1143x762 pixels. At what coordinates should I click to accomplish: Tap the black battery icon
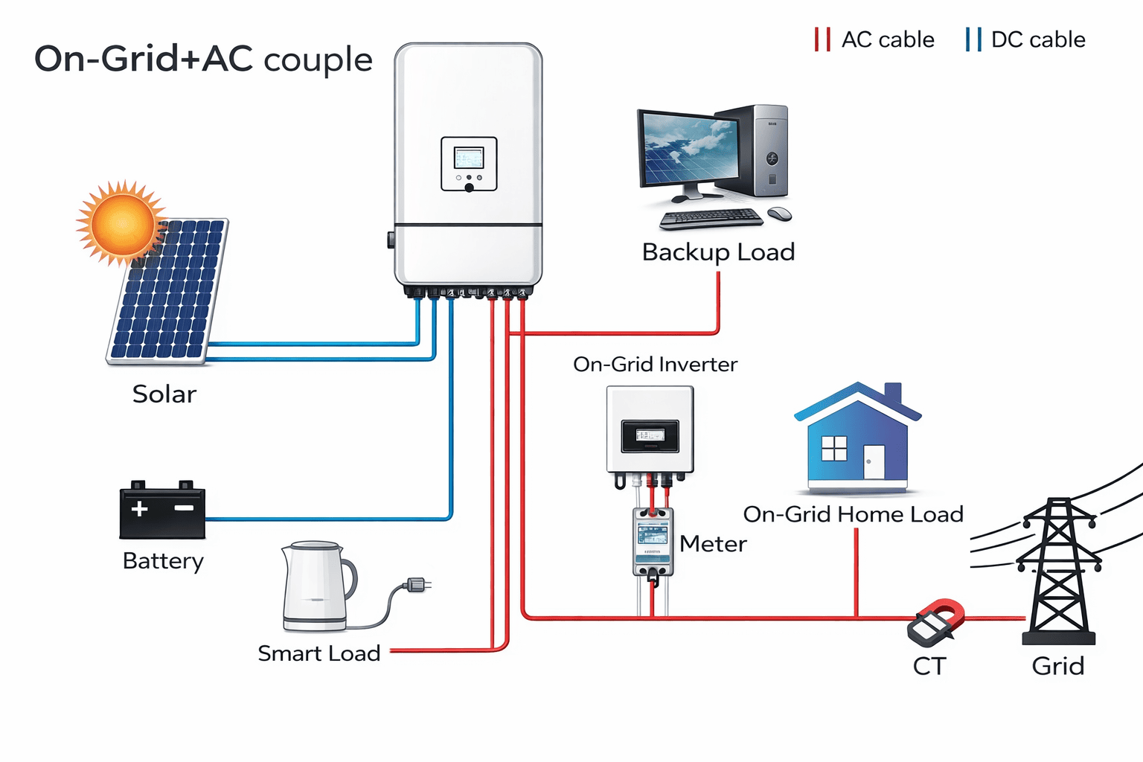(162, 511)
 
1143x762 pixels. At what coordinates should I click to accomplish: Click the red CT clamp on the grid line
(936, 621)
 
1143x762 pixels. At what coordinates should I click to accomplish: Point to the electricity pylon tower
(1058, 573)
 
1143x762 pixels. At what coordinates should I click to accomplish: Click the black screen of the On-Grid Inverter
(650, 435)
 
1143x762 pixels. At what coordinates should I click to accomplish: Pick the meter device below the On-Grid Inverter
(653, 542)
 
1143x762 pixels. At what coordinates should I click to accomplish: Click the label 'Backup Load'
(718, 252)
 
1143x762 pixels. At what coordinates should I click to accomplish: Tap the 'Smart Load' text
(318, 653)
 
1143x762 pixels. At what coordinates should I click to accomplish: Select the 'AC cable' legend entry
(875, 39)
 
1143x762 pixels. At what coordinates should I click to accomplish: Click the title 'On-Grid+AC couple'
(203, 60)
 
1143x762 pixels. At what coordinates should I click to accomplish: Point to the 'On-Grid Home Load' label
(853, 514)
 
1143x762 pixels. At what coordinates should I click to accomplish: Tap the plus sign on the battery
(139, 509)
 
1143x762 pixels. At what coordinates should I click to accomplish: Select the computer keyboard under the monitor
(711, 218)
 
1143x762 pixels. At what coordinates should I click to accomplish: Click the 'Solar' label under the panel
(164, 394)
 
